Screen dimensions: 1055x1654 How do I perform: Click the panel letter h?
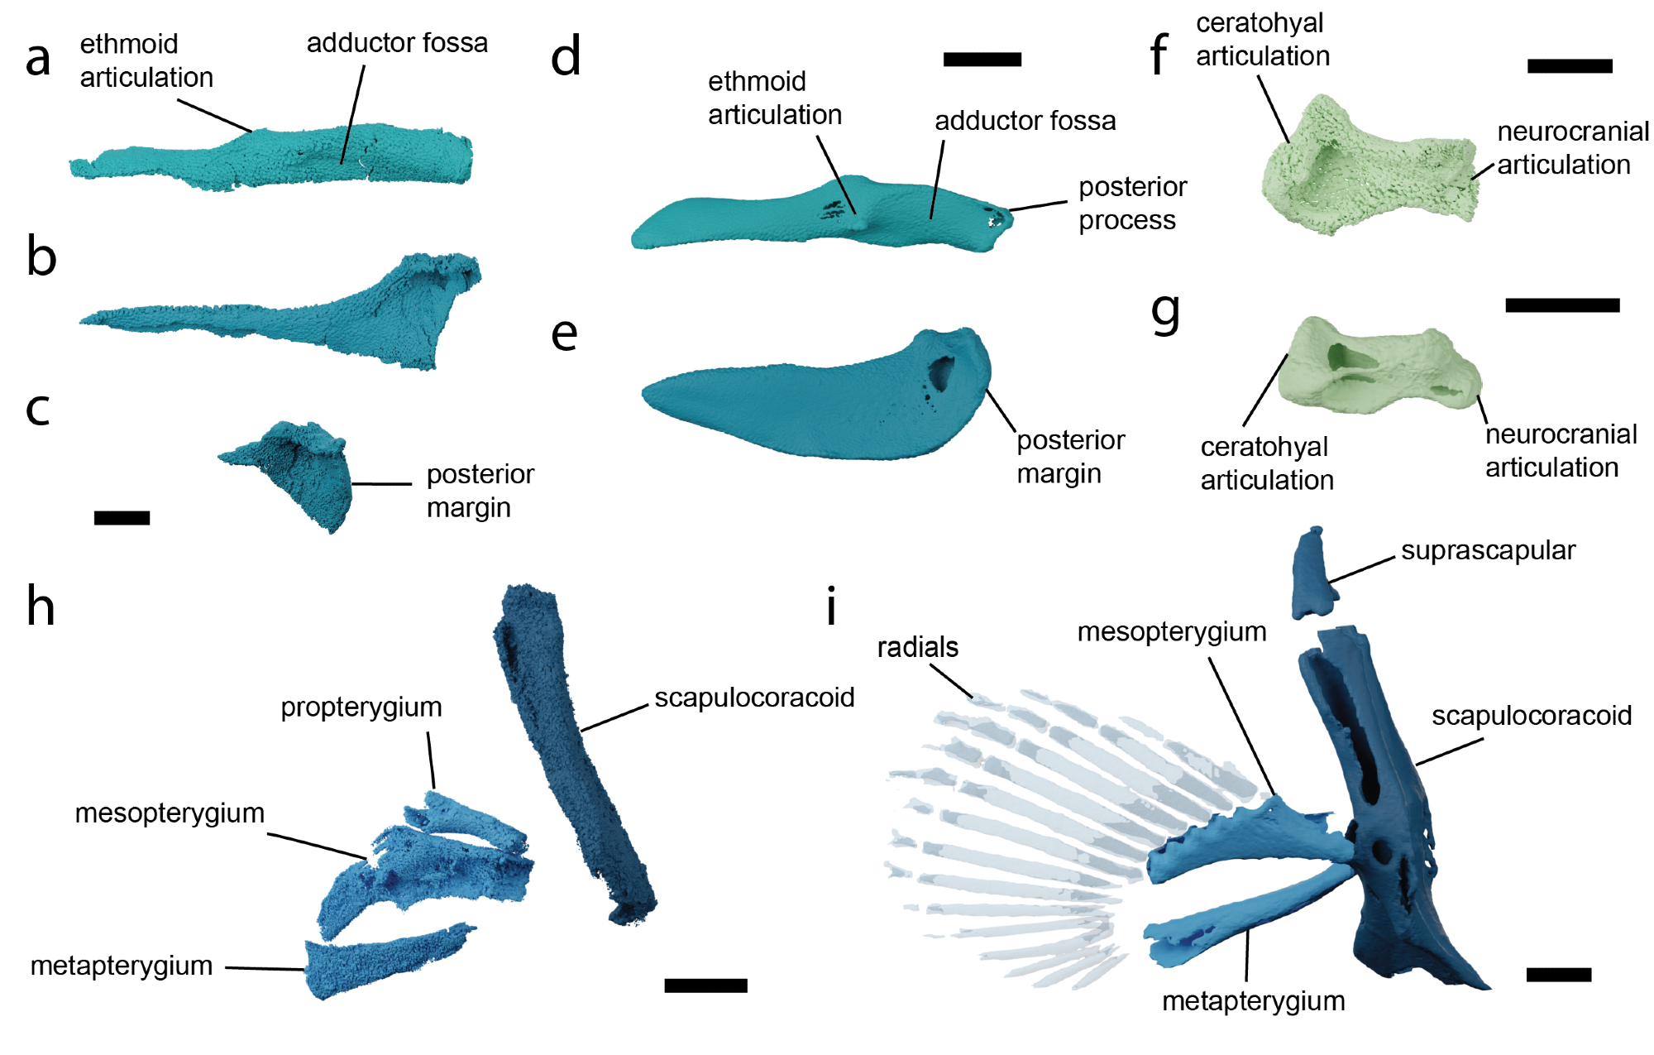pyautogui.click(x=41, y=607)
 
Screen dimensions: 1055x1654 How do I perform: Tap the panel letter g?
pyautogui.click(x=1165, y=313)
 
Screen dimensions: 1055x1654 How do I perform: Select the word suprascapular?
pyautogui.click(x=1488, y=550)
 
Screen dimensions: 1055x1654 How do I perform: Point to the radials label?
pyautogui.click(x=917, y=647)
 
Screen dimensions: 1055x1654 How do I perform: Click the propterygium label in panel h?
pyautogui.click(x=361, y=707)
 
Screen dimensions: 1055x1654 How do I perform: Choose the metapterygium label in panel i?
pyautogui.click(x=1253, y=1001)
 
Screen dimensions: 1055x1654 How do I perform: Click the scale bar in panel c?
pyautogui.click(x=122, y=518)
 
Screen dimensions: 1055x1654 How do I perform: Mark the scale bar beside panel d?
pyautogui.click(x=982, y=60)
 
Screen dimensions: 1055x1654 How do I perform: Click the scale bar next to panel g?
pyautogui.click(x=1561, y=305)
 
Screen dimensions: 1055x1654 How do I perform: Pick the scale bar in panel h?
pyautogui.click(x=705, y=985)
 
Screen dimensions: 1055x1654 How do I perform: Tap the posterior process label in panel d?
pyautogui.click(x=1132, y=204)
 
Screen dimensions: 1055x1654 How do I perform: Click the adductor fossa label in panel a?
pyautogui.click(x=397, y=43)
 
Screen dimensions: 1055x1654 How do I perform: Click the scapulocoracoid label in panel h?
pyautogui.click(x=754, y=698)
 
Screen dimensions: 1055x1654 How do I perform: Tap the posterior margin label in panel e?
pyautogui.click(x=1070, y=457)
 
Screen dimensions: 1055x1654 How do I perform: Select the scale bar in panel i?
pyautogui.click(x=1558, y=975)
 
